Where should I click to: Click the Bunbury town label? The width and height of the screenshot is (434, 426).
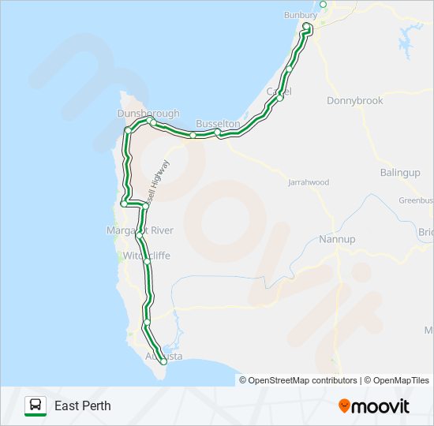pos(300,15)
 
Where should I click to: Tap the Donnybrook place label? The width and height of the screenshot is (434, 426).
pos(354,101)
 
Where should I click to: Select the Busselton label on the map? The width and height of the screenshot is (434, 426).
pos(218,124)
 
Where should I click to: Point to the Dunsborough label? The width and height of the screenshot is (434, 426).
pos(148,114)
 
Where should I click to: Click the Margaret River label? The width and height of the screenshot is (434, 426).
pos(140,230)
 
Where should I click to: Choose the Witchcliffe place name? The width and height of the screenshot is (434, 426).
pos(147,256)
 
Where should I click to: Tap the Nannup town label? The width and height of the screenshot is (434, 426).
pos(337,239)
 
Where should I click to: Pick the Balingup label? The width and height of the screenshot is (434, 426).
pos(399,172)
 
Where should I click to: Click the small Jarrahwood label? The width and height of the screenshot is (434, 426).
pos(309,182)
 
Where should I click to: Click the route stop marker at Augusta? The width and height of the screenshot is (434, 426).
pos(163,361)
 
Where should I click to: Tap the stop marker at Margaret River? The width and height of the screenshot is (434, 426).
pos(140,235)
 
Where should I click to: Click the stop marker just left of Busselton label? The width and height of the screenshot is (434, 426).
pos(193,135)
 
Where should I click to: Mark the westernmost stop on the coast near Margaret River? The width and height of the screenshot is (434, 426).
pos(124,204)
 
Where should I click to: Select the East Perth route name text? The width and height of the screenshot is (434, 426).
pos(83,406)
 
